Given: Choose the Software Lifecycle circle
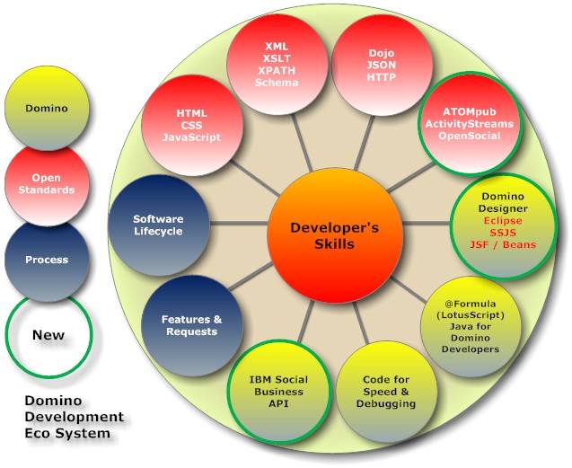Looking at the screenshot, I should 158,225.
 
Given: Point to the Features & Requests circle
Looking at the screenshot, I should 189,325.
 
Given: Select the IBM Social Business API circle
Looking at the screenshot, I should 277,392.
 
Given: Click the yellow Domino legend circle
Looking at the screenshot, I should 47,109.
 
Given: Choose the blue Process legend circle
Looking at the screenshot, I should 47,260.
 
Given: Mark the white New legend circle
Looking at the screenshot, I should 48,335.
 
